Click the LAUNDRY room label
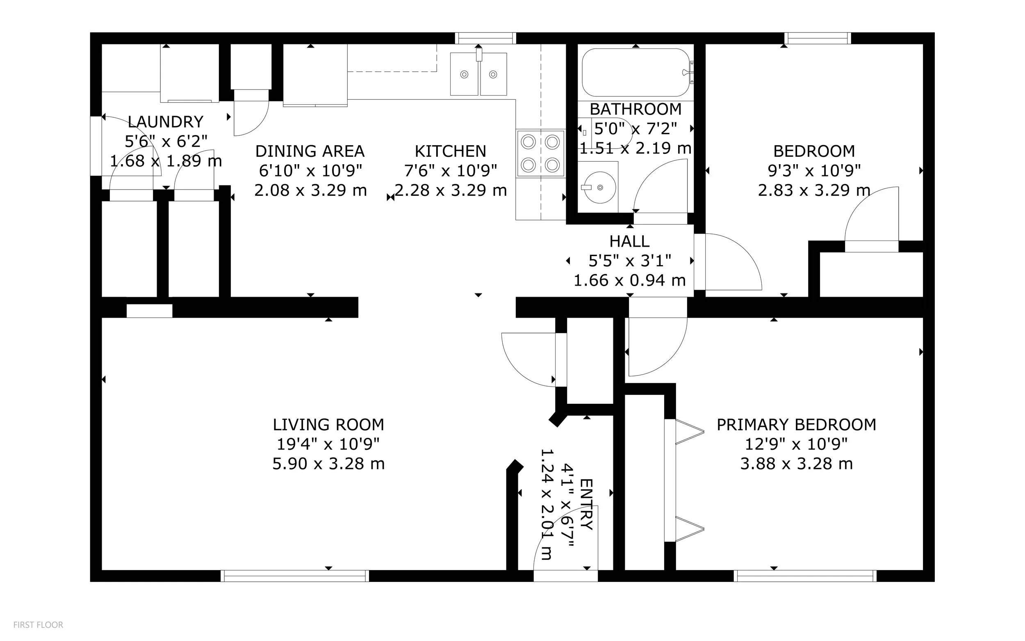point(166,122)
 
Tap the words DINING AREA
point(310,151)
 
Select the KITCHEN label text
point(450,151)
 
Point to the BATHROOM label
point(635,110)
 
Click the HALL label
point(629,242)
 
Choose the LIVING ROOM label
point(328,425)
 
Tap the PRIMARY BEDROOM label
point(796,425)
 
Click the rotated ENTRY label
point(587,504)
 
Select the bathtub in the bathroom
point(636,73)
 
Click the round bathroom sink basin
point(600,187)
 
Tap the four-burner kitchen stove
point(540,153)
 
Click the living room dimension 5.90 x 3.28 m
point(328,464)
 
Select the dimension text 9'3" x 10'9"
point(814,171)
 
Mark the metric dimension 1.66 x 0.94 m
point(629,281)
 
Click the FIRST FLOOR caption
point(38,625)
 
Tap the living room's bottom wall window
point(295,576)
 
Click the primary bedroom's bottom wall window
point(805,576)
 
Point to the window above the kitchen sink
point(486,38)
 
